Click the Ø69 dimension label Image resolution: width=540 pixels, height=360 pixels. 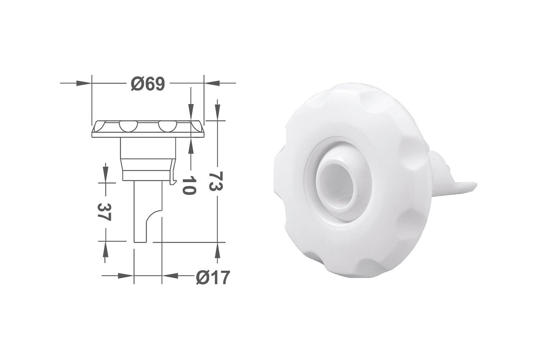point(148,84)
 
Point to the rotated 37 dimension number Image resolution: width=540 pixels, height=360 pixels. point(104,212)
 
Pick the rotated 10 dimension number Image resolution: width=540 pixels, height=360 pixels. point(189,185)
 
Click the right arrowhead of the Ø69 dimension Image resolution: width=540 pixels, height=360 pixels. point(212,83)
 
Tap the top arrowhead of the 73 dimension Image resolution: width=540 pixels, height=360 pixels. point(218,113)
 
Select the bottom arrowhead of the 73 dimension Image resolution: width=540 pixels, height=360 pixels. point(218,250)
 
